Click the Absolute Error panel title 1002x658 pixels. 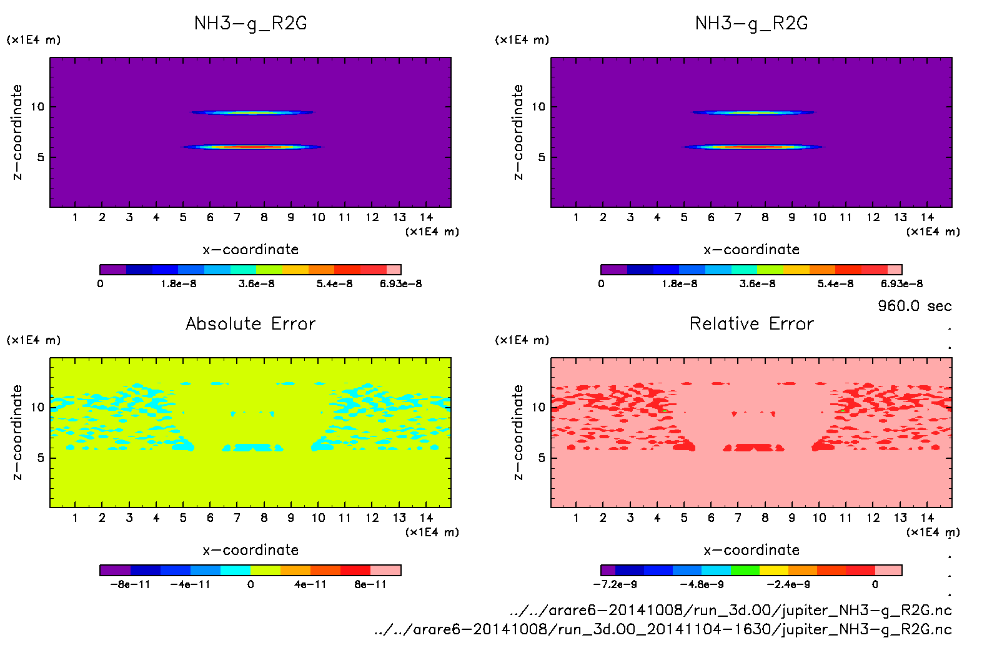tap(250, 323)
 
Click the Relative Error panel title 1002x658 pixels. tap(751, 323)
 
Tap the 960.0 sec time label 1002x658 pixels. tap(915, 306)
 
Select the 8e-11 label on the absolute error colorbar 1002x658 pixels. tap(370, 584)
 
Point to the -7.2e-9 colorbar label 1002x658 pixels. tap(615, 584)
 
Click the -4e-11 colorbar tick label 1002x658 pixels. tap(191, 584)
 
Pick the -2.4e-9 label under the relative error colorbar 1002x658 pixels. tap(788, 584)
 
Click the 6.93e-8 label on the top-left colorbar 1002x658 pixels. tap(400, 283)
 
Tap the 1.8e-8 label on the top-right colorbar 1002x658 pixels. tap(680, 283)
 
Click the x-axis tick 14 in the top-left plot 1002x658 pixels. tap(426, 217)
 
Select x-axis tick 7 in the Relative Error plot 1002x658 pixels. tap(738, 518)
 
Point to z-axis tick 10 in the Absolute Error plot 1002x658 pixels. tap(37, 407)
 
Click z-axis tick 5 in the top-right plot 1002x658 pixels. tap(542, 157)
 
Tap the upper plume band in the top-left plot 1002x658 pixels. tap(252, 112)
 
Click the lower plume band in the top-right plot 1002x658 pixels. tap(753, 147)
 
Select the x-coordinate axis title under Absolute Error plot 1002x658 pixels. tap(250, 550)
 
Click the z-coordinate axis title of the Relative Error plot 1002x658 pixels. tap(518, 432)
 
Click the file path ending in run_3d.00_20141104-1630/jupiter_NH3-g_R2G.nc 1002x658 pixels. tap(663, 629)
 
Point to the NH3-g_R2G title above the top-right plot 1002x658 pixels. tap(751, 24)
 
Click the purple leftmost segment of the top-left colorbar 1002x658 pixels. tap(113, 270)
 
